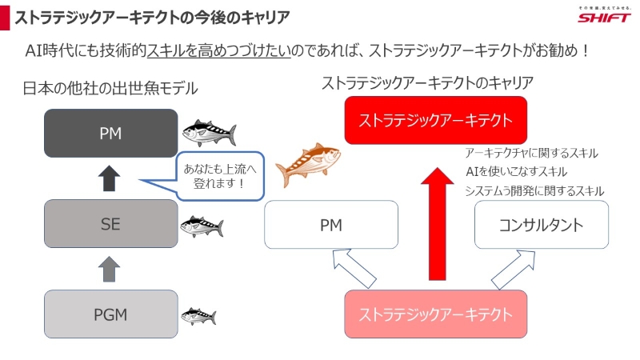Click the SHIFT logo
tap(604, 17)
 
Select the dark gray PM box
tap(110, 133)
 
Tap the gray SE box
tap(110, 224)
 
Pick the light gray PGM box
tap(110, 314)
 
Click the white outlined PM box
tap(331, 225)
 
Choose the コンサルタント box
tap(542, 225)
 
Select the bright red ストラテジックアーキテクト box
tap(435, 120)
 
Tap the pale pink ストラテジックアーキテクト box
tap(435, 314)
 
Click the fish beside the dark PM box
tap(210, 133)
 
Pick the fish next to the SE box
tap(202, 227)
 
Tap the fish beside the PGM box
tap(198, 316)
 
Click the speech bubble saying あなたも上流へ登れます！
tap(221, 176)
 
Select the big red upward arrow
tap(437, 224)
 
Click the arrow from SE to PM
tap(110, 178)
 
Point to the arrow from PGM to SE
tap(110, 269)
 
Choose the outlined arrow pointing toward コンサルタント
tap(514, 270)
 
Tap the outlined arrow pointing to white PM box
tap(354, 269)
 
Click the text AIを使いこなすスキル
tap(516, 171)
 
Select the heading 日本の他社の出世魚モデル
tap(110, 88)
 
